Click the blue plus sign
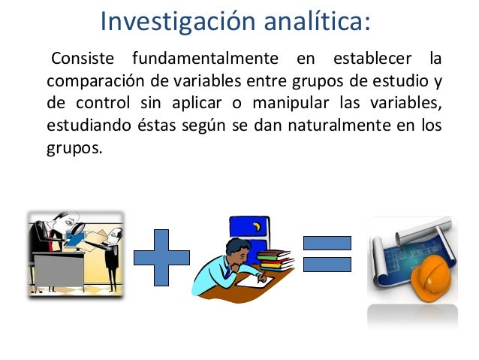pyautogui.click(x=161, y=256)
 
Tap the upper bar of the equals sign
pyautogui.click(x=327, y=243)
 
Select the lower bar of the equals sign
pyautogui.click(x=327, y=264)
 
